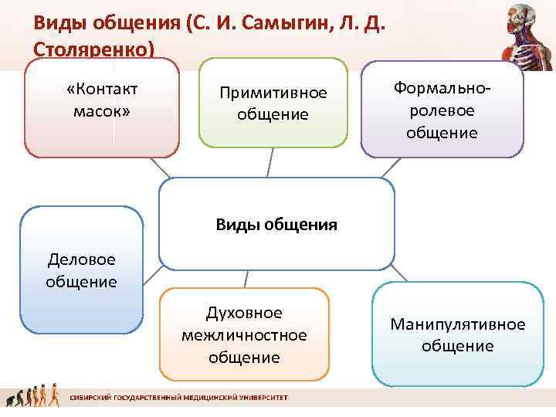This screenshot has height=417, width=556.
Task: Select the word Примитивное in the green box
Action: pyautogui.click(x=273, y=93)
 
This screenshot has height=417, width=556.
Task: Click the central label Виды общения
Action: pyautogui.click(x=276, y=225)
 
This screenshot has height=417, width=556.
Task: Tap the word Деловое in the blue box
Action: pyautogui.click(x=81, y=258)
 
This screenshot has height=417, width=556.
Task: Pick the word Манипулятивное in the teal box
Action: pyautogui.click(x=458, y=324)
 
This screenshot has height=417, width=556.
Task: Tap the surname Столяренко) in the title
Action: pyautogui.click(x=94, y=48)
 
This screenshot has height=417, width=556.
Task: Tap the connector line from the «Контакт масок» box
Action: pyautogui.click(x=161, y=168)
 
